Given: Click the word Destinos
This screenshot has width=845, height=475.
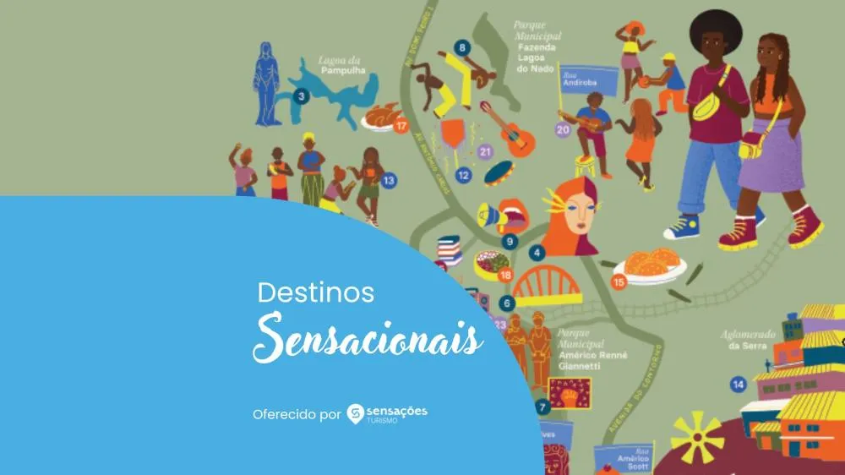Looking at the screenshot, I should [315, 293].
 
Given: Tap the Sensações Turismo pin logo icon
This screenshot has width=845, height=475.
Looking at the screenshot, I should [355, 412].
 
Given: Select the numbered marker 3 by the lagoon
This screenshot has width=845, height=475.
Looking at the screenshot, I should [300, 97].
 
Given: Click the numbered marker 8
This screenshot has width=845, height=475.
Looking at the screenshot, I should [461, 47].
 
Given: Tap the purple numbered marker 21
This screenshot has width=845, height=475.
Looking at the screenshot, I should [484, 152].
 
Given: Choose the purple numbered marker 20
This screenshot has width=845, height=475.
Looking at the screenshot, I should [563, 130].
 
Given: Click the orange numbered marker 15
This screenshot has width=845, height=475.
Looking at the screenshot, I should [619, 282].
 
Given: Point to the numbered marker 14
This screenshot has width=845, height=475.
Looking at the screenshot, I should [739, 385].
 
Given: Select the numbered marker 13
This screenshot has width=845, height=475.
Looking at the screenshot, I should [389, 179].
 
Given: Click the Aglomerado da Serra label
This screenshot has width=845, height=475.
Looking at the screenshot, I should [748, 340].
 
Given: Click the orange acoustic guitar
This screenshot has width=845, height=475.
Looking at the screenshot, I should [505, 128].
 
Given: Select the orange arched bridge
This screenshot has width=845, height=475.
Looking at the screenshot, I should [547, 286].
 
